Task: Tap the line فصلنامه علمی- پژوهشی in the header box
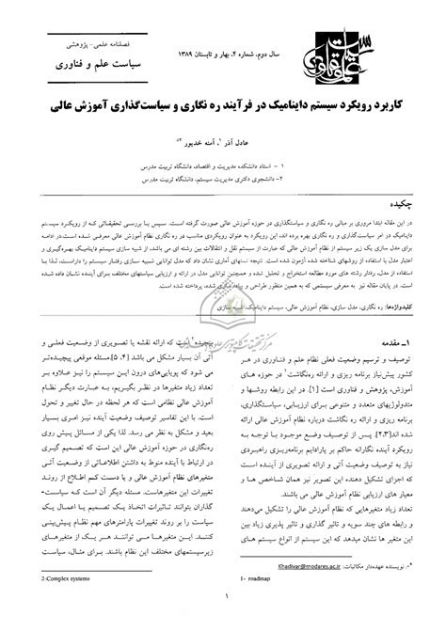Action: pyautogui.click(x=90, y=43)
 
